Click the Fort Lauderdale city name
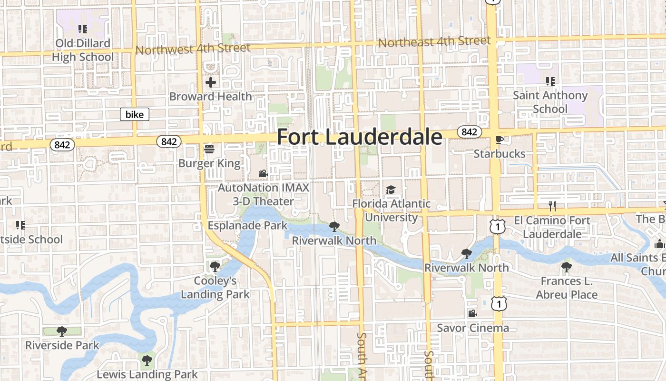point(359,137)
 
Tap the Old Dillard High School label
point(83,50)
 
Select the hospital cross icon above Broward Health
point(211,82)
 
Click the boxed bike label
point(135,114)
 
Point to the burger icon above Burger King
point(209,149)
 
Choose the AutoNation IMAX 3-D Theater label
point(264,194)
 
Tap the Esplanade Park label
point(248,225)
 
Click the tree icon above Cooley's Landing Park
point(215,266)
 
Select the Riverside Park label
point(62,345)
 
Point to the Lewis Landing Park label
point(147,374)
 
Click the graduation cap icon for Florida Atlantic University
point(391,190)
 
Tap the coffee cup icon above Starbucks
point(499,140)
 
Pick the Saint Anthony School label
point(550,102)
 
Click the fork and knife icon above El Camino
point(552,206)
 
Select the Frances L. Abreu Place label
point(567,288)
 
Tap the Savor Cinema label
point(473,328)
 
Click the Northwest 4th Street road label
point(193,49)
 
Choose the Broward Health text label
point(211,96)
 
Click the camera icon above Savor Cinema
point(472,314)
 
